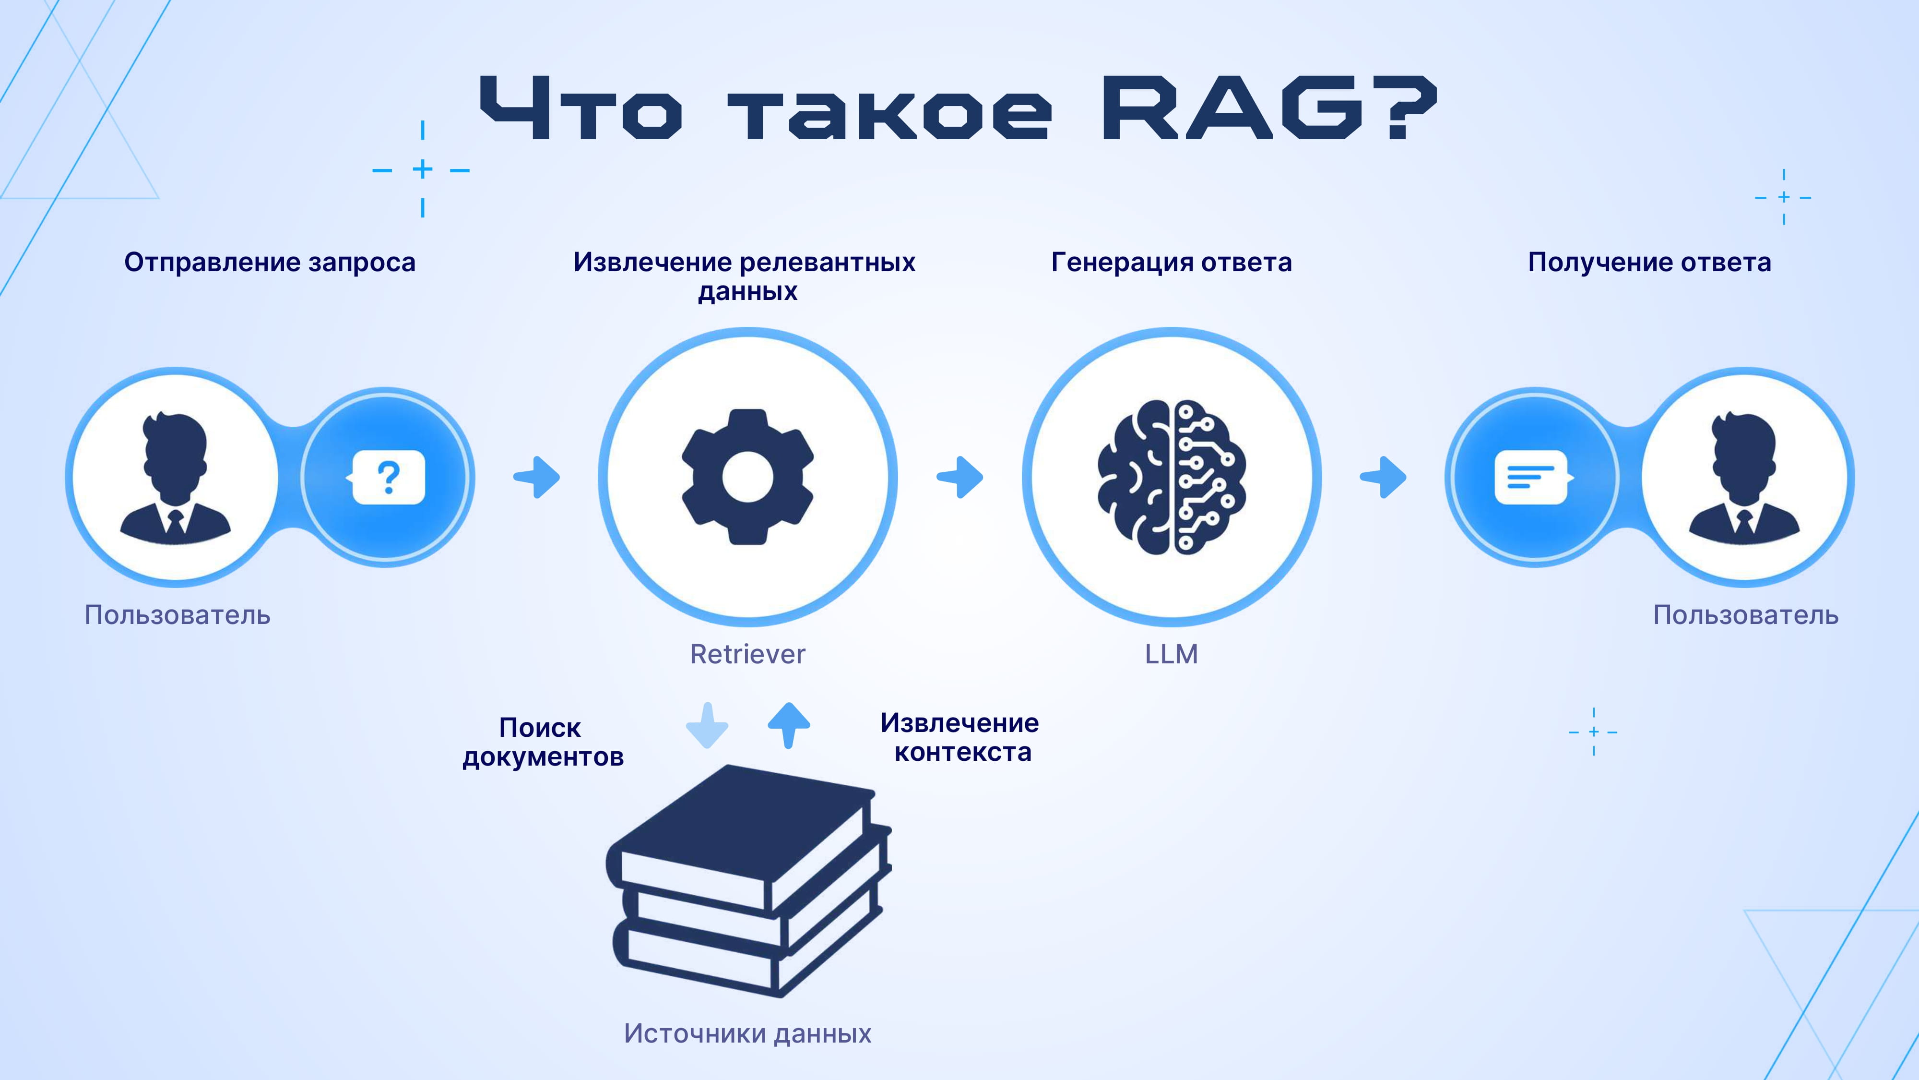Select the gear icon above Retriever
(x=748, y=477)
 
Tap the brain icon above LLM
(x=1172, y=477)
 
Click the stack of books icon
(x=749, y=881)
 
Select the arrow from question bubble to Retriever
(x=536, y=477)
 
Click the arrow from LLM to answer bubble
(x=1384, y=477)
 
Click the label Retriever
(x=748, y=654)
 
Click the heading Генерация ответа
(x=1172, y=263)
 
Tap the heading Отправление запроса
(x=270, y=263)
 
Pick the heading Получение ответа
(x=1650, y=263)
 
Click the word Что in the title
(x=581, y=108)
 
